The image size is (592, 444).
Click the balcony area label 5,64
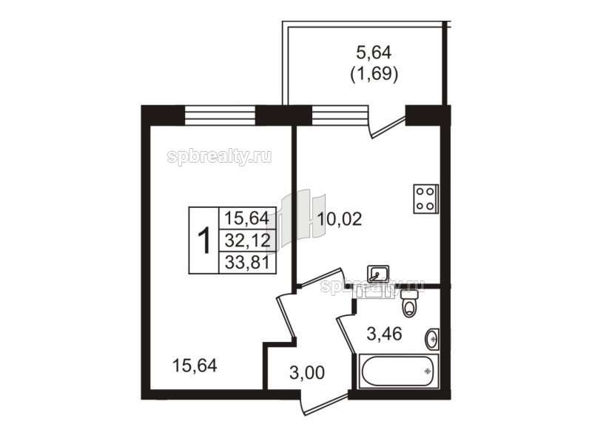pyautogui.click(x=374, y=53)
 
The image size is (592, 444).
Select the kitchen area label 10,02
pyautogui.click(x=340, y=219)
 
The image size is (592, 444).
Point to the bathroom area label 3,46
pyautogui.click(x=384, y=334)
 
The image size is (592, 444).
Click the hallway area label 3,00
pyautogui.click(x=307, y=373)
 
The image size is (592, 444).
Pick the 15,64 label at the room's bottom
pyautogui.click(x=195, y=366)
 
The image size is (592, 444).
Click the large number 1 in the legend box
pyautogui.click(x=204, y=240)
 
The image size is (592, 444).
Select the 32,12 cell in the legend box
pyautogui.click(x=248, y=240)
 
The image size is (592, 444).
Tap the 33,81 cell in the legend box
pyautogui.click(x=248, y=263)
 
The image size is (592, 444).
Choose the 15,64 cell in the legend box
pyautogui.click(x=248, y=218)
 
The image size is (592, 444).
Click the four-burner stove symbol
pyautogui.click(x=425, y=198)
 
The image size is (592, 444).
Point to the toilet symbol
pyautogui.click(x=408, y=303)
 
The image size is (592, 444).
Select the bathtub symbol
pyautogui.click(x=397, y=371)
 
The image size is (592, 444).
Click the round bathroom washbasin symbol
pyautogui.click(x=432, y=339)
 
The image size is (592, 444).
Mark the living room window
pyautogui.click(x=220, y=115)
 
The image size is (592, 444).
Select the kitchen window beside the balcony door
pyautogui.click(x=340, y=115)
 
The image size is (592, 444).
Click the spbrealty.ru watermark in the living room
pyautogui.click(x=219, y=157)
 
